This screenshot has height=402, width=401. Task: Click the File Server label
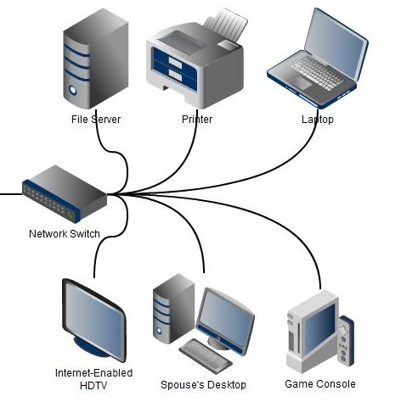tap(96, 120)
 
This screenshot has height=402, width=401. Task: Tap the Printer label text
tap(197, 120)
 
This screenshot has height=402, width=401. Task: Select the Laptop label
tap(318, 120)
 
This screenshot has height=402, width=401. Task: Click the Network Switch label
tap(65, 234)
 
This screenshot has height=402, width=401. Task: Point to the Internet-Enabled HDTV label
tap(93, 379)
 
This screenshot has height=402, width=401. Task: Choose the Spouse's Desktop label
tap(203, 385)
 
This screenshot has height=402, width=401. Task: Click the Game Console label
tap(320, 384)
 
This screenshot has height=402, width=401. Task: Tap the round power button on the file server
tap(73, 90)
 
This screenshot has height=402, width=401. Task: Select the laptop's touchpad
tap(301, 83)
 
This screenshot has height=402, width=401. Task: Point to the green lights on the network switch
tap(71, 215)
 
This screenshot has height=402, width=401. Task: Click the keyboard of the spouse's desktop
tap(206, 355)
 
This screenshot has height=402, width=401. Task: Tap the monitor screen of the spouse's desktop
tap(225, 315)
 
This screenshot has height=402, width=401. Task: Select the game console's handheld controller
tap(346, 341)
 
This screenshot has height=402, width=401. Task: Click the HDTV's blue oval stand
tap(91, 347)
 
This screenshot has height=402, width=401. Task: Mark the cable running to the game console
tap(246, 211)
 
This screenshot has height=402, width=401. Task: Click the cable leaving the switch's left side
tap(11, 194)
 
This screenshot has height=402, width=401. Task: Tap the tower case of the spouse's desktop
tap(173, 309)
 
